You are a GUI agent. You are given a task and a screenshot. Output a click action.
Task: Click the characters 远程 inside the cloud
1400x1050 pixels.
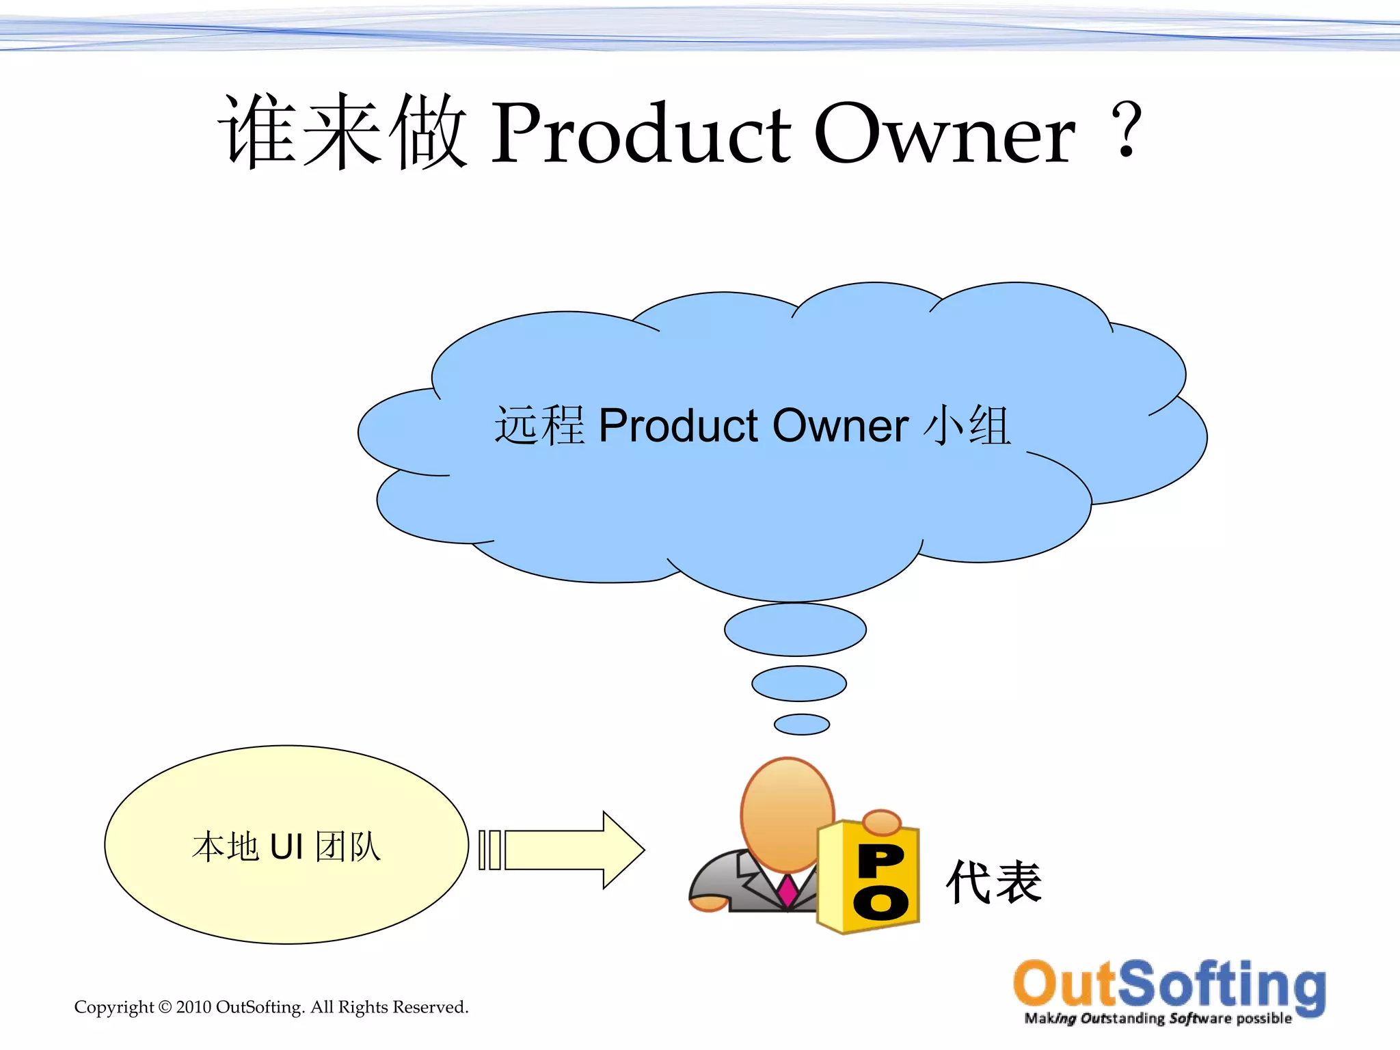(x=539, y=426)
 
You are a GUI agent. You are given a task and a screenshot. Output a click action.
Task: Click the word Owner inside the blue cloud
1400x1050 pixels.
(x=840, y=426)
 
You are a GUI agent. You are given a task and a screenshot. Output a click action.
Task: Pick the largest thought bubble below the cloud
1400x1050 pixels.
(x=795, y=630)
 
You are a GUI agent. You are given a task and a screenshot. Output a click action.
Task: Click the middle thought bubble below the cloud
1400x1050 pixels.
(x=799, y=684)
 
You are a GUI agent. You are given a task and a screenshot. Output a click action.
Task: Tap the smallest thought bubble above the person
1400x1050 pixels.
(x=802, y=725)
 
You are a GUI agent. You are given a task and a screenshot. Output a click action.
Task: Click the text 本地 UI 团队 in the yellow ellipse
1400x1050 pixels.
(x=286, y=847)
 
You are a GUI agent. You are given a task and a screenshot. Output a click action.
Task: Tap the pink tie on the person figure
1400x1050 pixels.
(x=787, y=891)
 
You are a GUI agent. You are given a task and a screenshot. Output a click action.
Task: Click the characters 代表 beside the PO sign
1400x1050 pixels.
(x=994, y=883)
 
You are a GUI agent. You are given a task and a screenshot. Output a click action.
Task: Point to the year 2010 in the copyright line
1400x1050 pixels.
(x=193, y=1007)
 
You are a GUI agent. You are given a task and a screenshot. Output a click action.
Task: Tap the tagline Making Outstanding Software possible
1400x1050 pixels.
(x=1158, y=1019)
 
